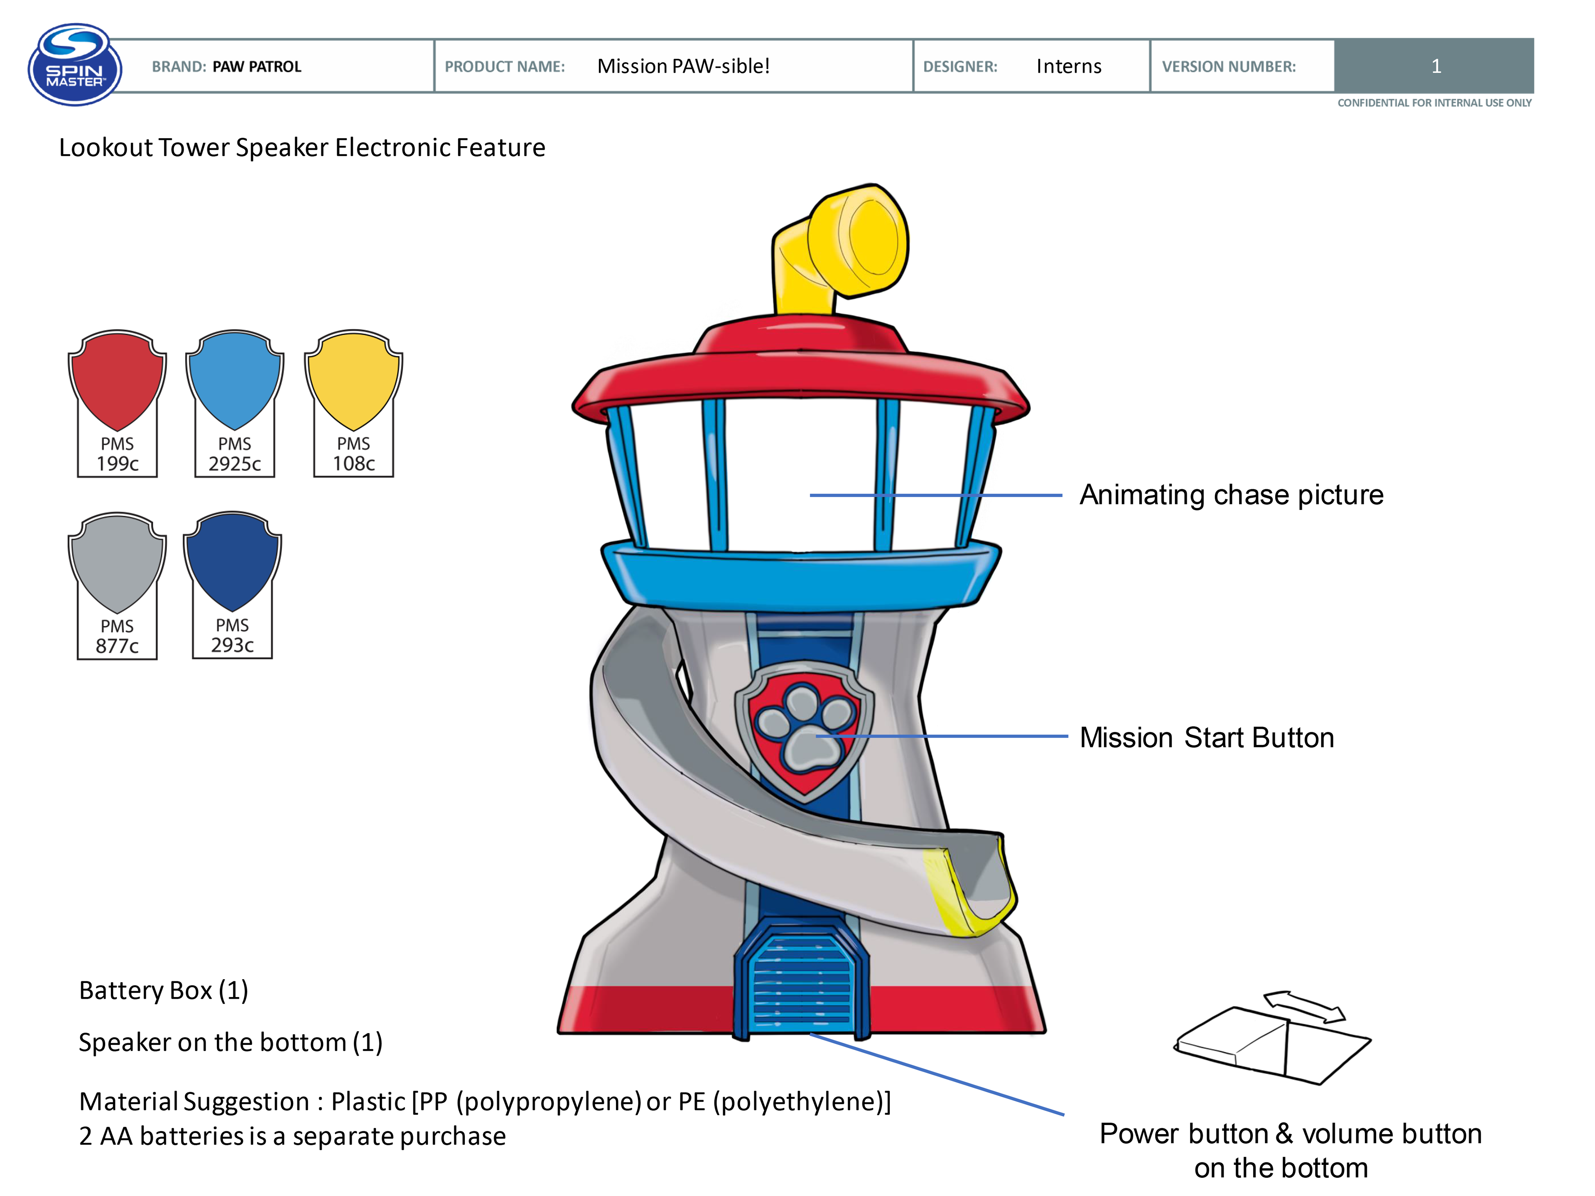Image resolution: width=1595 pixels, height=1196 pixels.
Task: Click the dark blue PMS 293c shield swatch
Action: tap(232, 561)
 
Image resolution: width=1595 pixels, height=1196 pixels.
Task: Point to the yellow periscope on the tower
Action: tap(844, 245)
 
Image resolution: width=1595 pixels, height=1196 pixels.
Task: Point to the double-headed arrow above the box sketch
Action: tap(1304, 1006)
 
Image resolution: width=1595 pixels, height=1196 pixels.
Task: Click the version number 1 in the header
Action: tap(1435, 66)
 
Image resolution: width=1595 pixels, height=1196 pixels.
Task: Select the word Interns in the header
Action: tap(1069, 66)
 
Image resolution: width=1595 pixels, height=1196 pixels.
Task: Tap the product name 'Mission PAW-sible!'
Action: tap(683, 66)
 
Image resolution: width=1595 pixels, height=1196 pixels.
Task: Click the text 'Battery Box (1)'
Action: tap(164, 990)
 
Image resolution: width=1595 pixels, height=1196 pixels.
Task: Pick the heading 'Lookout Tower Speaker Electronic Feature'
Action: tap(302, 148)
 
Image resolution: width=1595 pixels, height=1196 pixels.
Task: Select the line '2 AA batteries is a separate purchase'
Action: tap(292, 1136)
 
